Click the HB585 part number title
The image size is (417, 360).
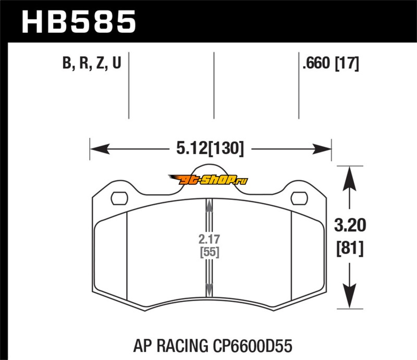click(x=79, y=22)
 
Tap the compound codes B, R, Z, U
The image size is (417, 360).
click(x=92, y=63)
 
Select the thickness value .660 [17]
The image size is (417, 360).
click(x=330, y=63)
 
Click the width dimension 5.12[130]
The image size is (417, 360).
click(x=210, y=148)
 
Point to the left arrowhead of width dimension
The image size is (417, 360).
click(x=100, y=148)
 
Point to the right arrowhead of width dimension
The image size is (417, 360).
click(x=322, y=149)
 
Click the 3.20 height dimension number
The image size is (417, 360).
click(x=350, y=225)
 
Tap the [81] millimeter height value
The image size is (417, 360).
click(x=350, y=249)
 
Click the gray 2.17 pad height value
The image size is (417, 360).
click(x=209, y=239)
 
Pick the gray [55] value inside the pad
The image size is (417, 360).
click(x=210, y=252)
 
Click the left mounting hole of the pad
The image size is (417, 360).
click(x=119, y=198)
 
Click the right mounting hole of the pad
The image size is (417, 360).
click(x=299, y=198)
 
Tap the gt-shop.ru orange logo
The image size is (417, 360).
click(x=208, y=180)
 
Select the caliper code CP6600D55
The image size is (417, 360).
click(x=253, y=346)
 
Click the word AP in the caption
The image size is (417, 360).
click(x=143, y=346)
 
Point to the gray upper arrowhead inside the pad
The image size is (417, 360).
click(x=210, y=206)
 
